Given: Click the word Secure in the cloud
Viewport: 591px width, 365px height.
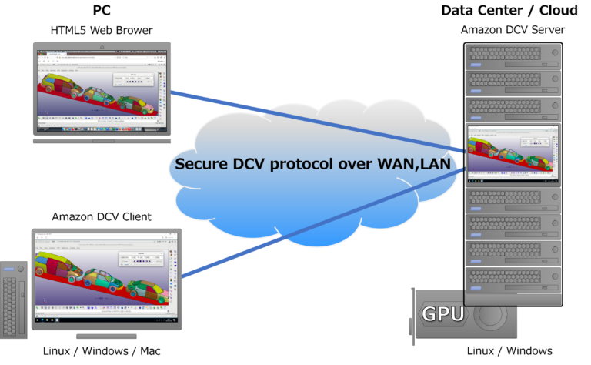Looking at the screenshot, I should pos(202,164).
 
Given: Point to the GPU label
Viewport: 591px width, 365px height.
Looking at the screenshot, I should pos(442,313).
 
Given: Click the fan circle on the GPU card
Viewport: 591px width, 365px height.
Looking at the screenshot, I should pos(490,316).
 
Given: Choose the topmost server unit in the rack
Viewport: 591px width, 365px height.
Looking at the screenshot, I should pos(513,55).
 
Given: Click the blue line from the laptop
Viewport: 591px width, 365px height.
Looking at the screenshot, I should pos(308,119).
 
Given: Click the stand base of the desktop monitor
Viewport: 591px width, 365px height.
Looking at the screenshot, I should pos(106,336).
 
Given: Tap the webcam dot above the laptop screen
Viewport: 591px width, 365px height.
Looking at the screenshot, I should pos(102,47).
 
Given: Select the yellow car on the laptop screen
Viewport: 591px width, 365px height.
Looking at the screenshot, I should pos(99,97).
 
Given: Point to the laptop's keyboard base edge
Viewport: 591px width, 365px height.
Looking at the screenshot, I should pos(102,140).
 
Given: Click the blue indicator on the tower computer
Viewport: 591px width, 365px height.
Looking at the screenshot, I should pos(10,269).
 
